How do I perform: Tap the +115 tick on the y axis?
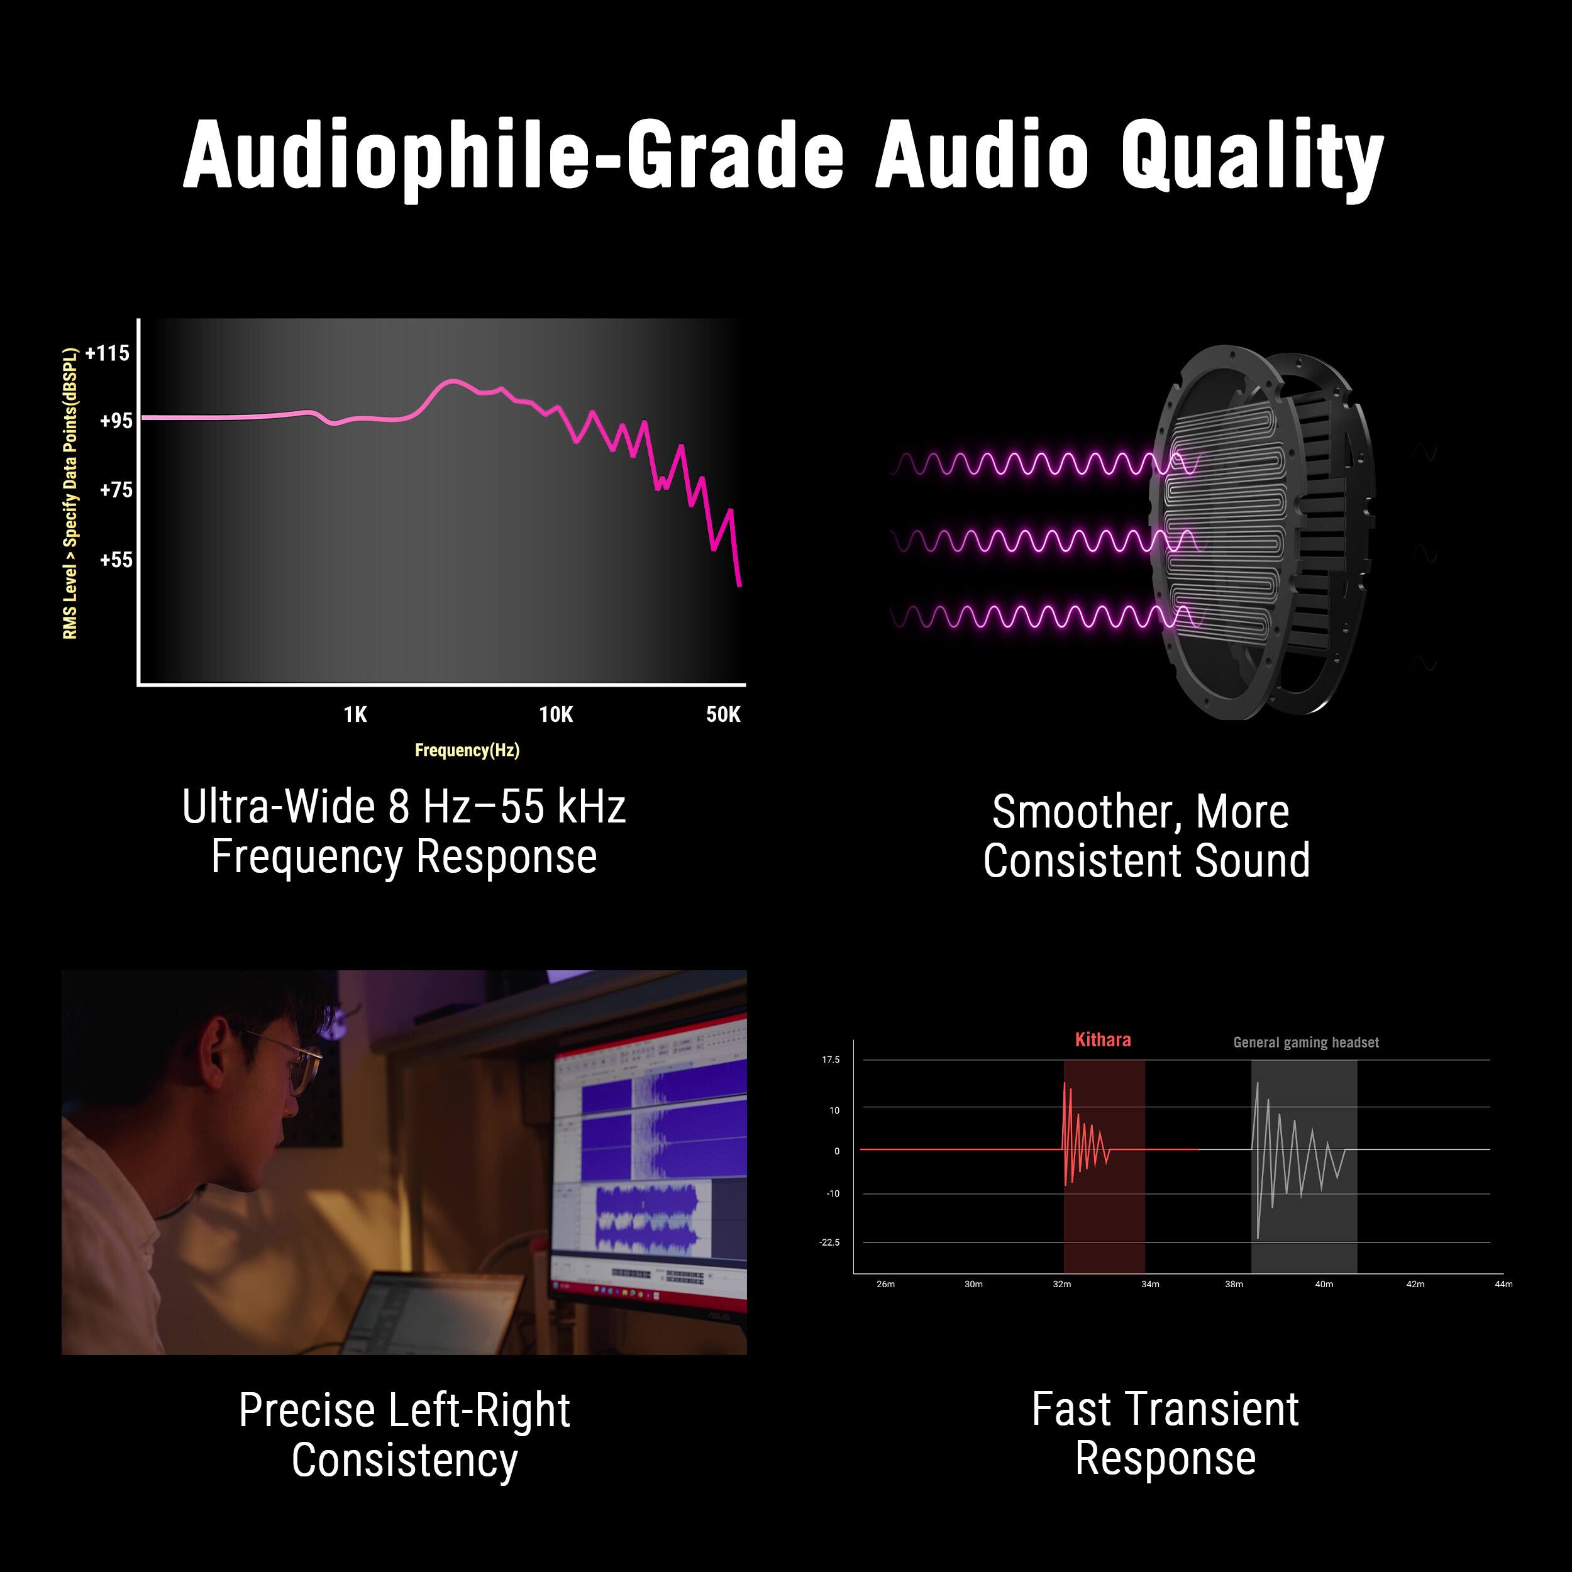point(108,353)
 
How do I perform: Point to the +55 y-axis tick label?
point(116,560)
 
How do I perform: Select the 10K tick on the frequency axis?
point(556,714)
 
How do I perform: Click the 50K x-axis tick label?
point(723,714)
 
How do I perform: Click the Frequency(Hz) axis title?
point(467,750)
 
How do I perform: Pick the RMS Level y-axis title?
point(72,493)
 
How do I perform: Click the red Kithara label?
point(1102,1040)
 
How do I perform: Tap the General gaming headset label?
point(1306,1043)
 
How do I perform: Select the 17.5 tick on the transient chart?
point(831,1060)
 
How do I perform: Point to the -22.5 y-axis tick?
point(829,1243)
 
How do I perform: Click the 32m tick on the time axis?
point(1062,1284)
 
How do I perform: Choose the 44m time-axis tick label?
point(1503,1284)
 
